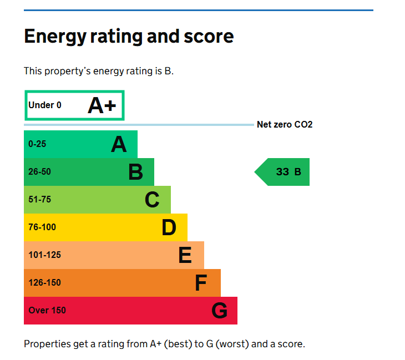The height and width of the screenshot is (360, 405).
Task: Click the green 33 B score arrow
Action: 282,172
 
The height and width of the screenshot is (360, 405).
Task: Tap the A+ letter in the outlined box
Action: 102,105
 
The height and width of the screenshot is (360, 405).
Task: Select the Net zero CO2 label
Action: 285,124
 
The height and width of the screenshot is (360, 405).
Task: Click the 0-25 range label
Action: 37,144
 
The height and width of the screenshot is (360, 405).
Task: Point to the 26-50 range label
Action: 39,171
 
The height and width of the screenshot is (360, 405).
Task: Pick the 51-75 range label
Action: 39,199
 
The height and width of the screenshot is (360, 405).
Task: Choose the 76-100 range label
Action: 42,227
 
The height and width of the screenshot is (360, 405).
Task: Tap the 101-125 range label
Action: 45,255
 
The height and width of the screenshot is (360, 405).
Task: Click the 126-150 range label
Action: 45,282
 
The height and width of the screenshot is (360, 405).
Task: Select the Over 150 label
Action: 47,310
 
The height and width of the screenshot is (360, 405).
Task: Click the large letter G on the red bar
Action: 219,311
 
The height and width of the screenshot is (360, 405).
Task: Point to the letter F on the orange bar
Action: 201,283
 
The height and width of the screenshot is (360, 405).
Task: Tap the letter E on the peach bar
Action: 185,255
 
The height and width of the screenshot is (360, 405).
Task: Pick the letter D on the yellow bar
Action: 169,227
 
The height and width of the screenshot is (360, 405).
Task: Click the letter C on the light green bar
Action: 152,199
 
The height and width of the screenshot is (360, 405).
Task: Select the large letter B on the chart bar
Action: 135,172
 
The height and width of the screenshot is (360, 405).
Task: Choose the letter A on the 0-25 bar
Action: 119,144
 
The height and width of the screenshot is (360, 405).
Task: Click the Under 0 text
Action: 45,105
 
